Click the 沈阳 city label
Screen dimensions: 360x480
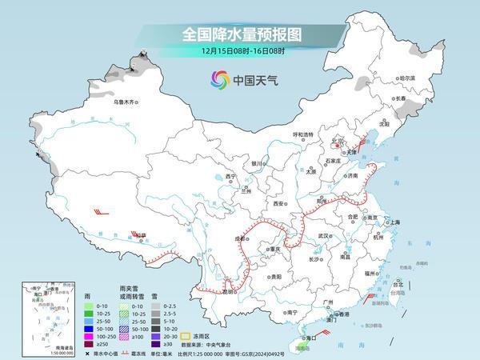click(x=406, y=124)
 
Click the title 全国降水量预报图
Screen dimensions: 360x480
click(x=239, y=34)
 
